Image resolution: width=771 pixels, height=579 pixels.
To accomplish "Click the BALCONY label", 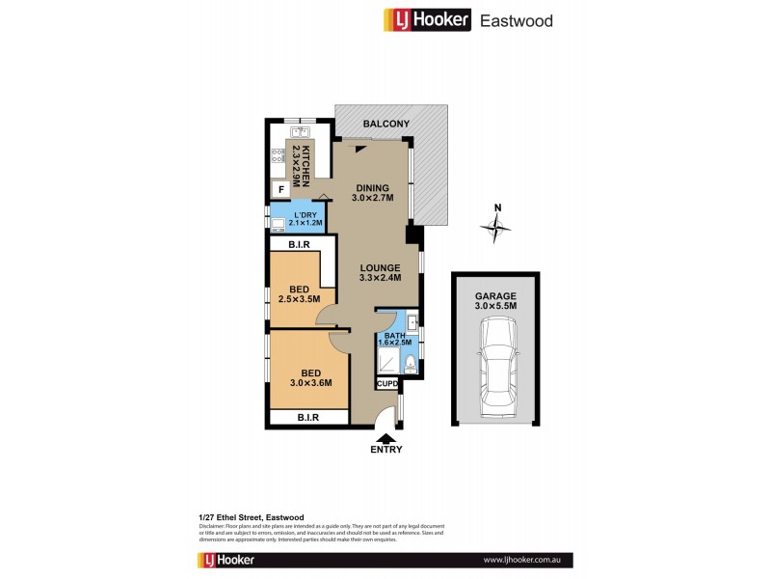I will point(385,124).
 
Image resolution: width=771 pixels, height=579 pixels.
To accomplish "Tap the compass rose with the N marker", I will point(495,228).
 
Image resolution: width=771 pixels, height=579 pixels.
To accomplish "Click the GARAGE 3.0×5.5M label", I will point(495,301).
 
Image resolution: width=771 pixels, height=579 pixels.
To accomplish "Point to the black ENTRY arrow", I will point(385,437).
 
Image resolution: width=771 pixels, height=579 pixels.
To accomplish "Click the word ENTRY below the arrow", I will point(385,450).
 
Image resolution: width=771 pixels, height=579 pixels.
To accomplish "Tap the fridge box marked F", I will point(281,190).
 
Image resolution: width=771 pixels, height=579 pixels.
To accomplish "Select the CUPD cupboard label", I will point(386,384).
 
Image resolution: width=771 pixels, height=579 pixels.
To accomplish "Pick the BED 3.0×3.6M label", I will point(310,377).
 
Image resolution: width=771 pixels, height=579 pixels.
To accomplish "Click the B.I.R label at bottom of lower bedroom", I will point(308,418).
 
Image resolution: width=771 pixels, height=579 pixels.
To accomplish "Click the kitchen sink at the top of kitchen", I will point(299,132).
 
